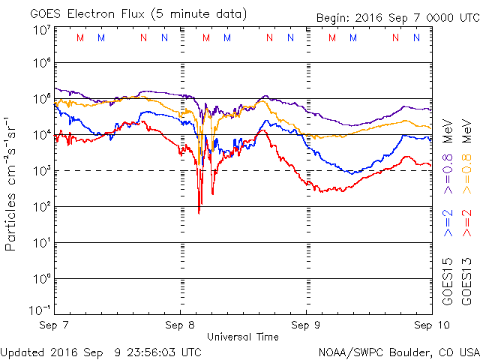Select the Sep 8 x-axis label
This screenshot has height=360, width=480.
click(181, 326)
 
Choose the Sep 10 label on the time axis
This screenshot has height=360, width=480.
click(431, 326)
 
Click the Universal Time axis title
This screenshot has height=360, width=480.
click(244, 337)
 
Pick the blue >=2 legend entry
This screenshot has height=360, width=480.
click(448, 223)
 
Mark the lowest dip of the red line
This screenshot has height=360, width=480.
click(199, 213)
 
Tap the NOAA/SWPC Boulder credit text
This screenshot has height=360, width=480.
click(398, 352)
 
